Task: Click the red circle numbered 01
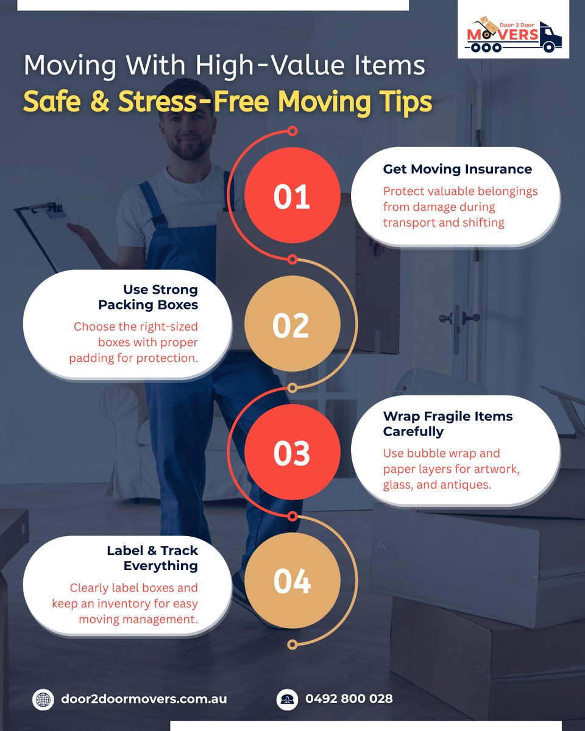(x=292, y=196)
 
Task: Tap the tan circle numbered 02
(x=292, y=323)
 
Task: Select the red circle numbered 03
(x=292, y=452)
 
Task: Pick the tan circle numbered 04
(x=292, y=581)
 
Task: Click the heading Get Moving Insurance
(x=457, y=169)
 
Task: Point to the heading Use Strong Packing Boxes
(x=148, y=297)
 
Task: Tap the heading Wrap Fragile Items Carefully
(x=448, y=424)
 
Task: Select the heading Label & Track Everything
(x=152, y=558)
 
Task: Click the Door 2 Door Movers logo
(x=513, y=34)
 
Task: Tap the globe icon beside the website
(x=43, y=699)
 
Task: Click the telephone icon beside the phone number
(x=287, y=699)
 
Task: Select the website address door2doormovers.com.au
(x=144, y=699)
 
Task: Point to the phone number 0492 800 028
(x=349, y=699)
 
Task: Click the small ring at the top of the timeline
(x=292, y=131)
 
